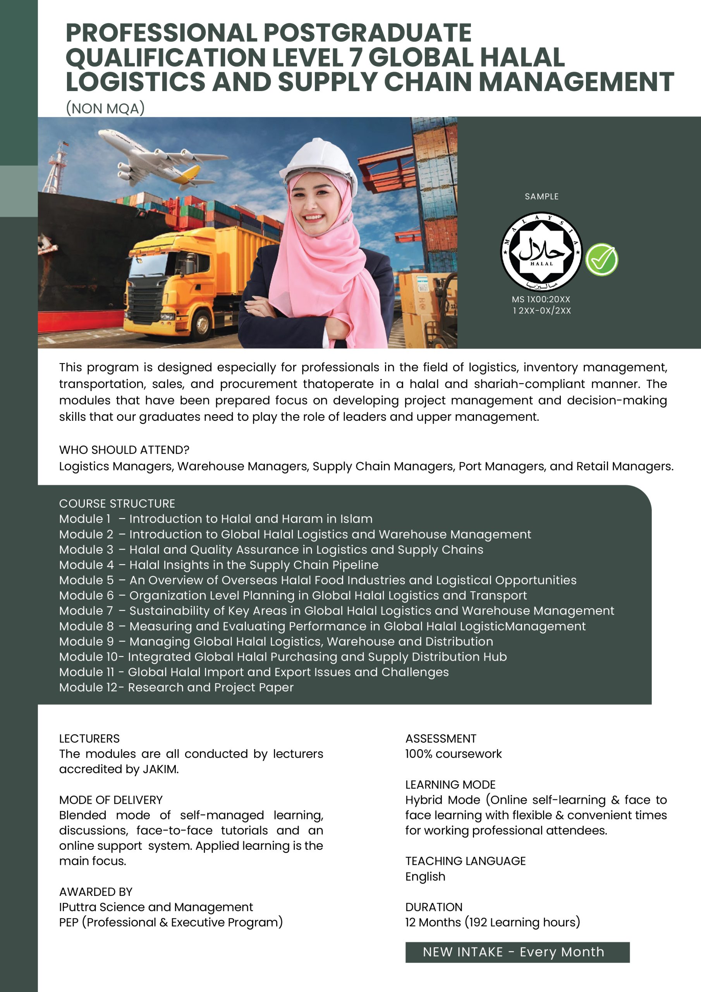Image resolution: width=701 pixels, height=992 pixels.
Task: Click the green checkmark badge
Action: click(601, 260)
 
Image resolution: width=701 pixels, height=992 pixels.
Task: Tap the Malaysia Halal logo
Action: click(541, 251)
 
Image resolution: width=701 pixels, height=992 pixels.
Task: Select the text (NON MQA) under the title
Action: click(105, 108)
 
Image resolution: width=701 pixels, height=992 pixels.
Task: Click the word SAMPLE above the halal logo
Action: click(541, 196)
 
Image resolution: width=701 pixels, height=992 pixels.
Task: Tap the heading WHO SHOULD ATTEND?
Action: click(124, 450)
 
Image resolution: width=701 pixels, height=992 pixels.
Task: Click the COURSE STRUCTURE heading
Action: click(117, 503)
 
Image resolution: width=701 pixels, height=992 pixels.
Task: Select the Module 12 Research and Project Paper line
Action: click(176, 687)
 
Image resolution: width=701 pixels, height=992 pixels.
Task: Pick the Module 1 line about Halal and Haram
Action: click(215, 518)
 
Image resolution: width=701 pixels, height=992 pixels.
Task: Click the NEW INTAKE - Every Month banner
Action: click(517, 952)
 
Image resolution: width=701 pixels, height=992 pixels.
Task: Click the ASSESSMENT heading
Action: click(441, 739)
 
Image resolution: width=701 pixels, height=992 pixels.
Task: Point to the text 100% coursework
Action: click(453, 754)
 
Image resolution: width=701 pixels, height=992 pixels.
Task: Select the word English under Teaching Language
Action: click(425, 876)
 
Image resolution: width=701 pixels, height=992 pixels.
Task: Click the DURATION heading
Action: click(434, 907)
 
